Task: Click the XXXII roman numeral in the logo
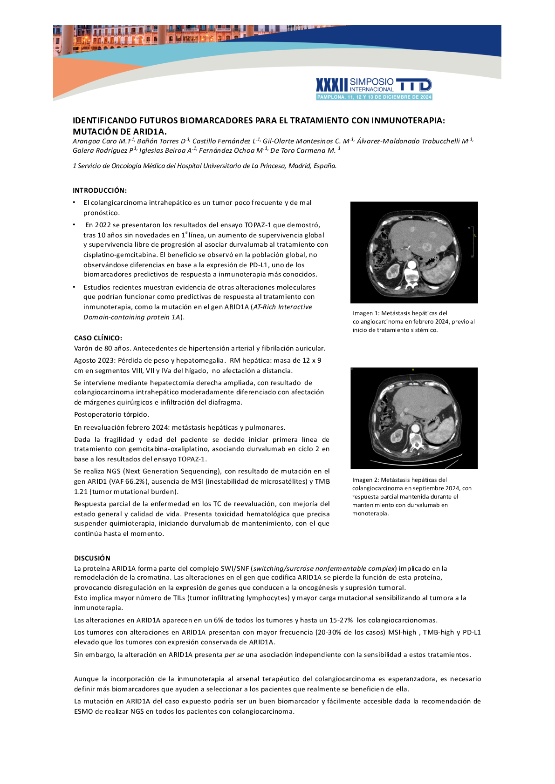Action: coord(332,85)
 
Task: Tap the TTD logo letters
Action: coord(414,85)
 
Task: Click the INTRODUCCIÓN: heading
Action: coord(100,190)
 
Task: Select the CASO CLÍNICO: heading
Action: coord(98,338)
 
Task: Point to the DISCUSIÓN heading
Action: coord(92,558)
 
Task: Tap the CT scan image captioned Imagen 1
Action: coord(414,252)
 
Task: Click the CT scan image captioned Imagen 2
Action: coord(414,418)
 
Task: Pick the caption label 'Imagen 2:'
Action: coord(366,480)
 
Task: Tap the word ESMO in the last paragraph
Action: coord(83,711)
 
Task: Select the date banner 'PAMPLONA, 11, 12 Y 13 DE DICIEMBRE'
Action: coord(374,97)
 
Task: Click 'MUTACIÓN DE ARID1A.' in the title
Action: coord(119,132)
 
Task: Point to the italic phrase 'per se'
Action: coord(234,655)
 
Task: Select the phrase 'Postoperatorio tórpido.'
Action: coord(111,414)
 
